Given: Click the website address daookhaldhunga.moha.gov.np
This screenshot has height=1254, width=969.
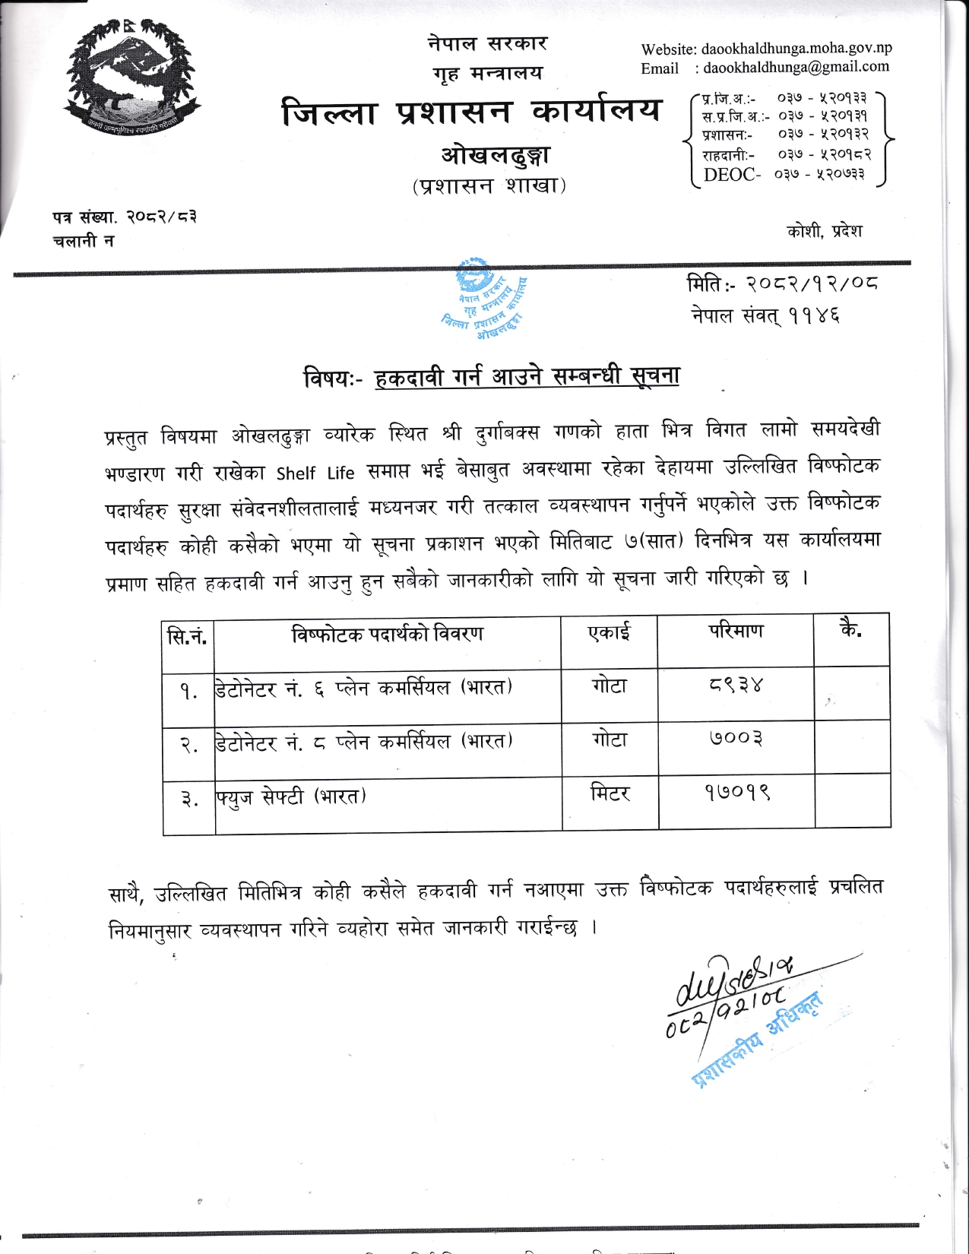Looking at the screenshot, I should coord(796,49).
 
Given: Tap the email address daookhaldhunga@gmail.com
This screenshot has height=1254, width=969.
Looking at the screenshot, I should coord(796,67).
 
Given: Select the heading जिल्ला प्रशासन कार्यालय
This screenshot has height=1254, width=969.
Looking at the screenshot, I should coord(471,112).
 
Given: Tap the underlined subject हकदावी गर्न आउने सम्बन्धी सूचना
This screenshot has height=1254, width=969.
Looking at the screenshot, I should coord(527,376).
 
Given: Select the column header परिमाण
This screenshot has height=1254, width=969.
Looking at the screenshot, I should coord(736,631).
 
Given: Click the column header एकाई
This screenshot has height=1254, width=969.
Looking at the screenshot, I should coord(609,632).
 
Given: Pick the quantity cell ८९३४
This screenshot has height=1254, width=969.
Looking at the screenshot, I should coord(734,686).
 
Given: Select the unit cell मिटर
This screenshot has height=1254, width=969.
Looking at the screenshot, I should coord(610,793).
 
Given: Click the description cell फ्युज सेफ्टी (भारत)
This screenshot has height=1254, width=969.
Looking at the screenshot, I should coord(291,797).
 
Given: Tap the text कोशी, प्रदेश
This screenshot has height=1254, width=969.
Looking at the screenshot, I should coord(825,231).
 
